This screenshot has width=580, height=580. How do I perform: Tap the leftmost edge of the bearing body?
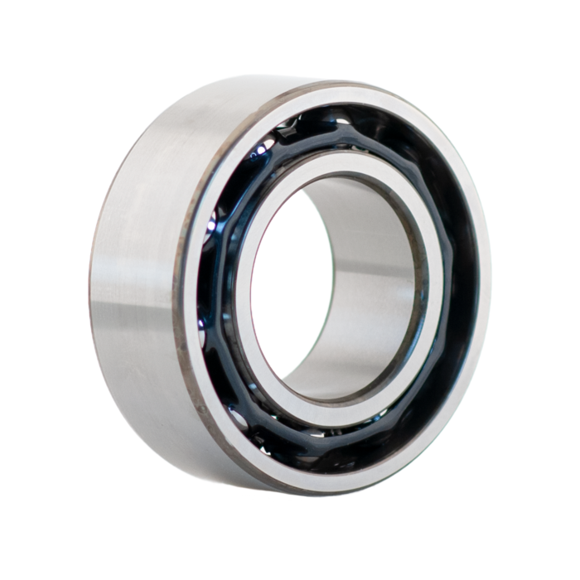[x=92, y=273]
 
